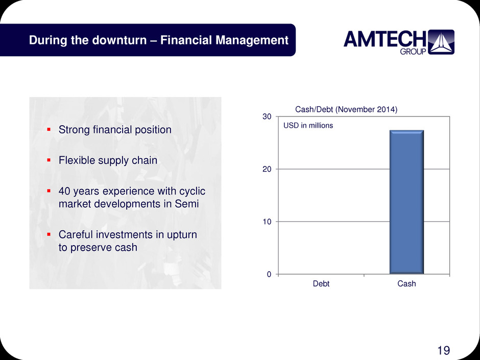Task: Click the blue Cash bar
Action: [x=406, y=202]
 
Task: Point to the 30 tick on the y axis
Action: [x=267, y=116]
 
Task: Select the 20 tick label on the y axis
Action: [x=267, y=170]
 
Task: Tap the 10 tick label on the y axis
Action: [x=267, y=222]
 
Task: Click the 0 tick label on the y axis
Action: [x=269, y=274]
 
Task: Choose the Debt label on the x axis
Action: [x=321, y=284]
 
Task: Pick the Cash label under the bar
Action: [x=406, y=284]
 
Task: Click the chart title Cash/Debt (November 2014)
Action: [x=346, y=110]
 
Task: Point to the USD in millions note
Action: [x=308, y=126]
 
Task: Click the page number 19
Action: [x=444, y=350]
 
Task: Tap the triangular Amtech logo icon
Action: [x=441, y=42]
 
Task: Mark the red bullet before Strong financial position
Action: [x=49, y=130]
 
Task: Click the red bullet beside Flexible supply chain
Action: [x=49, y=160]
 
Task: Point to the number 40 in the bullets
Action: [x=64, y=191]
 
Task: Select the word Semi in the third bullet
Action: [x=187, y=204]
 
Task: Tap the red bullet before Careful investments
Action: [x=49, y=234]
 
